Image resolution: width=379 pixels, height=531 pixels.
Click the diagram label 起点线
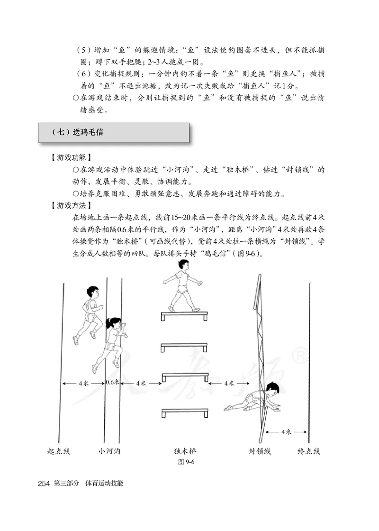[x=59, y=451]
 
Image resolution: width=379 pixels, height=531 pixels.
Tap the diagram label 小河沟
[x=109, y=451]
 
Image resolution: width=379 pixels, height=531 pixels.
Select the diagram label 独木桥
[x=185, y=451]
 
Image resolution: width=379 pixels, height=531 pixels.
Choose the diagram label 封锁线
[x=260, y=451]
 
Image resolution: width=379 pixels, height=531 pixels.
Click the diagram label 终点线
[x=309, y=451]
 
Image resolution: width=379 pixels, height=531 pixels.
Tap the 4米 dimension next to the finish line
[x=286, y=432]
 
